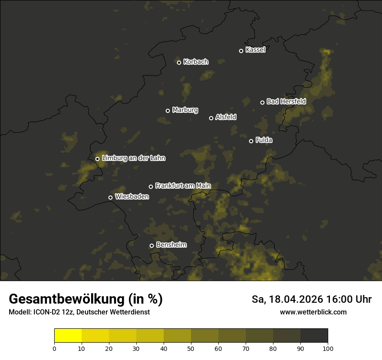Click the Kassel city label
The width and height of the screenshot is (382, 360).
pos(255,50)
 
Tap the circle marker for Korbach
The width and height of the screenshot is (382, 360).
pos(179,62)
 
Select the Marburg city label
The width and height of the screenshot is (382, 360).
pos(185,110)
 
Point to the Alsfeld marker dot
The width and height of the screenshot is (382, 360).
pos(211,118)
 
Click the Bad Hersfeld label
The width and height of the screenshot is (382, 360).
pos(286,101)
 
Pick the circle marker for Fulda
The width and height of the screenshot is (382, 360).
pos(251,141)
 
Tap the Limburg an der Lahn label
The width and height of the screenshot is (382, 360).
pos(133,158)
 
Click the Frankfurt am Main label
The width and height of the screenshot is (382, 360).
pos(183,186)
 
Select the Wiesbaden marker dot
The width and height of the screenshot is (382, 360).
pos(110,197)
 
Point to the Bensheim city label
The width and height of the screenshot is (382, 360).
pos(171,245)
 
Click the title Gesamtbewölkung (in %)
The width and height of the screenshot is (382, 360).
pos(86,299)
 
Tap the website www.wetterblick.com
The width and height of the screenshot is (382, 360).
pos(313,312)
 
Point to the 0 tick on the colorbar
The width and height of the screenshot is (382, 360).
pos(54,348)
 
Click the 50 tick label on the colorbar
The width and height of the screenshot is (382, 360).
pos(191,348)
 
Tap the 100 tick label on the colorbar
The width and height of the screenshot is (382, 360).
pos(328,348)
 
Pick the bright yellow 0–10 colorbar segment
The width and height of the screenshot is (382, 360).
pos(68,336)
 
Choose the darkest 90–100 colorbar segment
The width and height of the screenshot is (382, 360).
pos(314,336)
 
